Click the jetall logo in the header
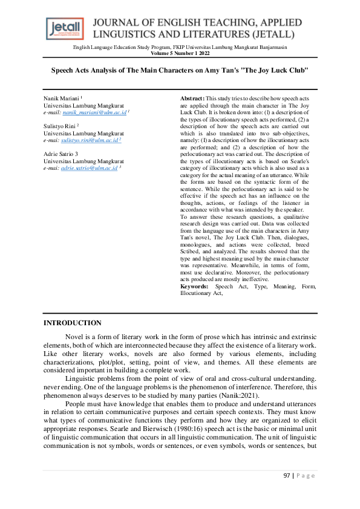coord(65,28)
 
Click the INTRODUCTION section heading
coord(72,323)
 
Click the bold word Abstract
coord(192,98)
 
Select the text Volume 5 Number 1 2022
coord(180,53)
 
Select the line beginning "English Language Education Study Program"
coord(180,47)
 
